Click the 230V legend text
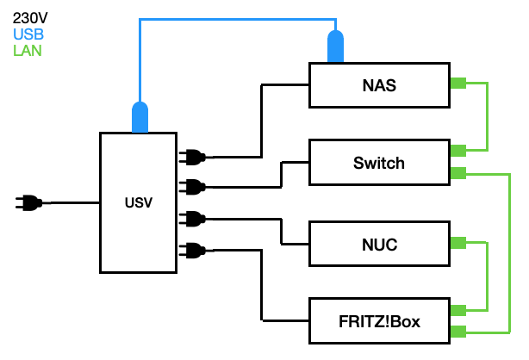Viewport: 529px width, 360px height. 29,17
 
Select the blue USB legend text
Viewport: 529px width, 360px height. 28,34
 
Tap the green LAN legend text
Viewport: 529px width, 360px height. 27,50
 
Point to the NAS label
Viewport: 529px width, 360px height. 379,85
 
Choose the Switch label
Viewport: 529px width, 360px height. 379,163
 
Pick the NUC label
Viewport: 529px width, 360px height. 379,245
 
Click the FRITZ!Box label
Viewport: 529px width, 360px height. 379,323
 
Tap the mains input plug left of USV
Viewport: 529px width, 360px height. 28,203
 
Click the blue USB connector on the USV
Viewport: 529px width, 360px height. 139,117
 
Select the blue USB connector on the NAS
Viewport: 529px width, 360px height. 336,47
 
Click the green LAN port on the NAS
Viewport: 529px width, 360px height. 457,84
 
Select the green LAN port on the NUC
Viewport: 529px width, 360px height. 457,242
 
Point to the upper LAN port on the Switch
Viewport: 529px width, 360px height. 457,151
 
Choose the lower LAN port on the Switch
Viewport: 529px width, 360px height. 457,173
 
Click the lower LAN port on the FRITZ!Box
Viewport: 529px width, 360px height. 457,332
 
